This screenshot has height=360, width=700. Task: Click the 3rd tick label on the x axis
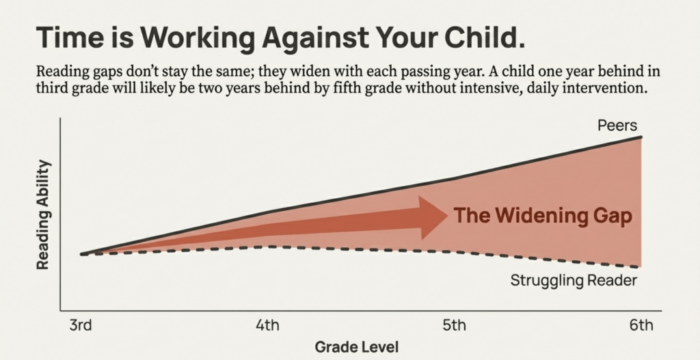[x=81, y=324]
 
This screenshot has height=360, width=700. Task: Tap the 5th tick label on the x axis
[x=455, y=324]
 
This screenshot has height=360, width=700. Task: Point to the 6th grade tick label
[x=641, y=324]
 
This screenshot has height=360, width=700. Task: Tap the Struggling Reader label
[x=574, y=281]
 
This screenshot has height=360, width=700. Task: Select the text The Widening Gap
[x=543, y=217]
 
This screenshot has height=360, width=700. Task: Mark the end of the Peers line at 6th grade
[x=641, y=137]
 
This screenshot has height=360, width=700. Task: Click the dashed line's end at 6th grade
[x=641, y=266]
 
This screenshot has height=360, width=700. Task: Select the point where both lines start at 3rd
[x=81, y=254]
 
